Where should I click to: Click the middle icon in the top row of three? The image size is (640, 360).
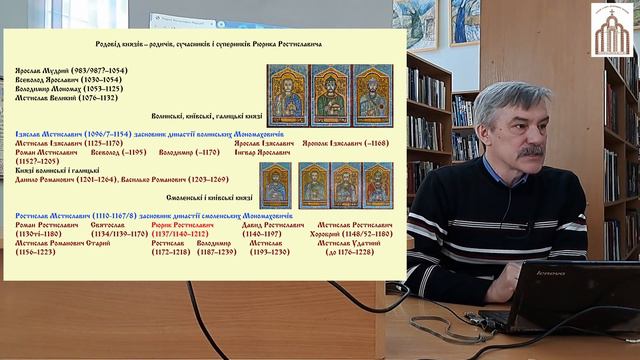click(330, 96)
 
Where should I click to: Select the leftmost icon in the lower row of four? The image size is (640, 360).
click(274, 185)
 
